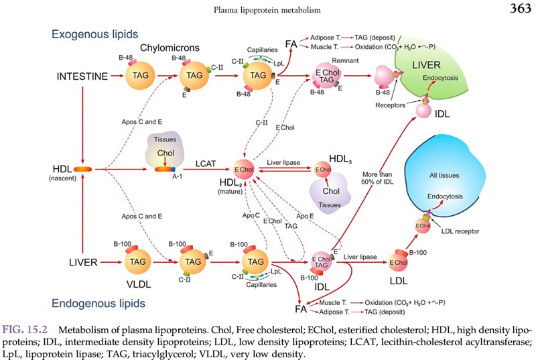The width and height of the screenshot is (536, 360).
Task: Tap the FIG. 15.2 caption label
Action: (25, 330)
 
